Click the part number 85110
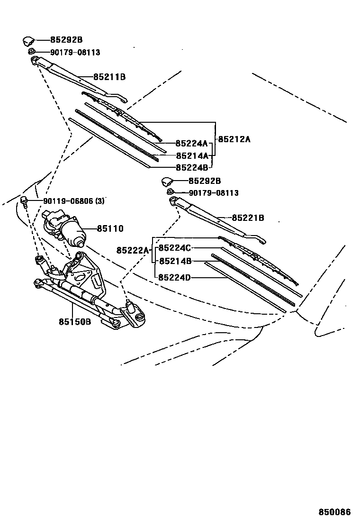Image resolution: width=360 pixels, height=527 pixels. (110, 229)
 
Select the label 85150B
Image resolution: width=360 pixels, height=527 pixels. (74, 322)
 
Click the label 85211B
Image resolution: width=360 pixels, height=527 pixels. (109, 77)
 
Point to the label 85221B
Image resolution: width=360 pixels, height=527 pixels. (248, 218)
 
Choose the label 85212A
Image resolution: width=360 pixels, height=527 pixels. (234, 139)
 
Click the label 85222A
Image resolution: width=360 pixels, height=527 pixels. (133, 250)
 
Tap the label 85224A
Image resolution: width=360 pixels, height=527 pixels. (191, 143)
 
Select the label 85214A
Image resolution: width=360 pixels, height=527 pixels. (191, 155)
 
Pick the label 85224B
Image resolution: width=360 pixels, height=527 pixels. (191, 167)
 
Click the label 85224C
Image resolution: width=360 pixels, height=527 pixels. (174, 248)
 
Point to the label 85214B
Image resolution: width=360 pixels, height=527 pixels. (174, 261)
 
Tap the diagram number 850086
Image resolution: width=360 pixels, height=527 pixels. (334, 512)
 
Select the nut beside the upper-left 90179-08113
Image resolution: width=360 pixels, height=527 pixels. (31, 52)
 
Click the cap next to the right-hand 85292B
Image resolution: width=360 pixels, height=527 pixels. (168, 181)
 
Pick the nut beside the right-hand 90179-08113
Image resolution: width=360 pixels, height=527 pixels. (170, 192)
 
